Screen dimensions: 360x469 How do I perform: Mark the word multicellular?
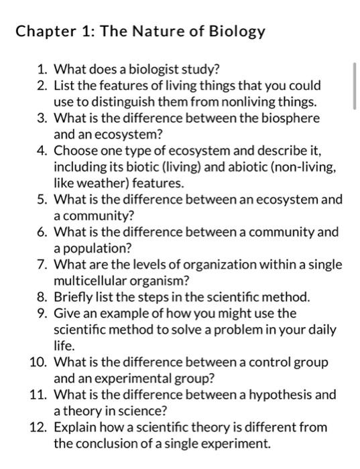94,281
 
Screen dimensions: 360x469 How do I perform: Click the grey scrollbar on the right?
355,85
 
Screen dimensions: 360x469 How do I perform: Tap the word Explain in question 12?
74,427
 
